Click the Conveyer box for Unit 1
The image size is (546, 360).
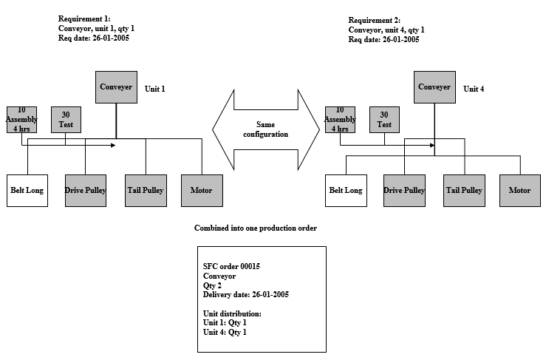[x=116, y=87]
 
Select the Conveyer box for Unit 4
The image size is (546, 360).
[x=434, y=87]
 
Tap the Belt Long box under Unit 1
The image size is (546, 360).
[x=27, y=190]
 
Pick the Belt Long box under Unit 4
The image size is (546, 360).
[x=346, y=190]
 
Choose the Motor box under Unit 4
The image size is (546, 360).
[x=519, y=190]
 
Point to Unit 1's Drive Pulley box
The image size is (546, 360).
[x=85, y=190]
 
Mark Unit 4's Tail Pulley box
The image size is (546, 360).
[x=464, y=190]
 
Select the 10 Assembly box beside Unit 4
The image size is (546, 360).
[x=340, y=119]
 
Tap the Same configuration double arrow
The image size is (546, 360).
[x=266, y=129]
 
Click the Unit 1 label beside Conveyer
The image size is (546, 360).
[x=154, y=89]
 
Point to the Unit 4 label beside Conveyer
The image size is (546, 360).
[x=474, y=89]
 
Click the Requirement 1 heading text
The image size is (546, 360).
[x=83, y=18]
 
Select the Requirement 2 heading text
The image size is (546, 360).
[x=374, y=21]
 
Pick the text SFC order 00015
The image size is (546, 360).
[x=232, y=265]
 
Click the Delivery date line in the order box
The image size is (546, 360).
[x=245, y=294]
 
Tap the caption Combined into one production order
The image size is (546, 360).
[x=256, y=228]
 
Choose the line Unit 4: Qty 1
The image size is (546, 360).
[x=225, y=332]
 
